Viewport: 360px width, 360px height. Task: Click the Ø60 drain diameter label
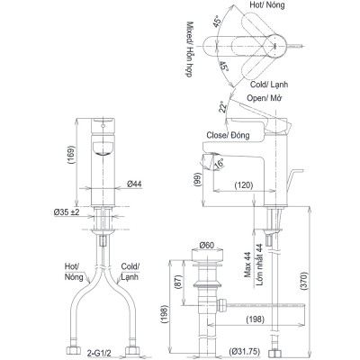205,245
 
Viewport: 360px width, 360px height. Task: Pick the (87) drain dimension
177,283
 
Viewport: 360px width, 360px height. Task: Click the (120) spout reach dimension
243,184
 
